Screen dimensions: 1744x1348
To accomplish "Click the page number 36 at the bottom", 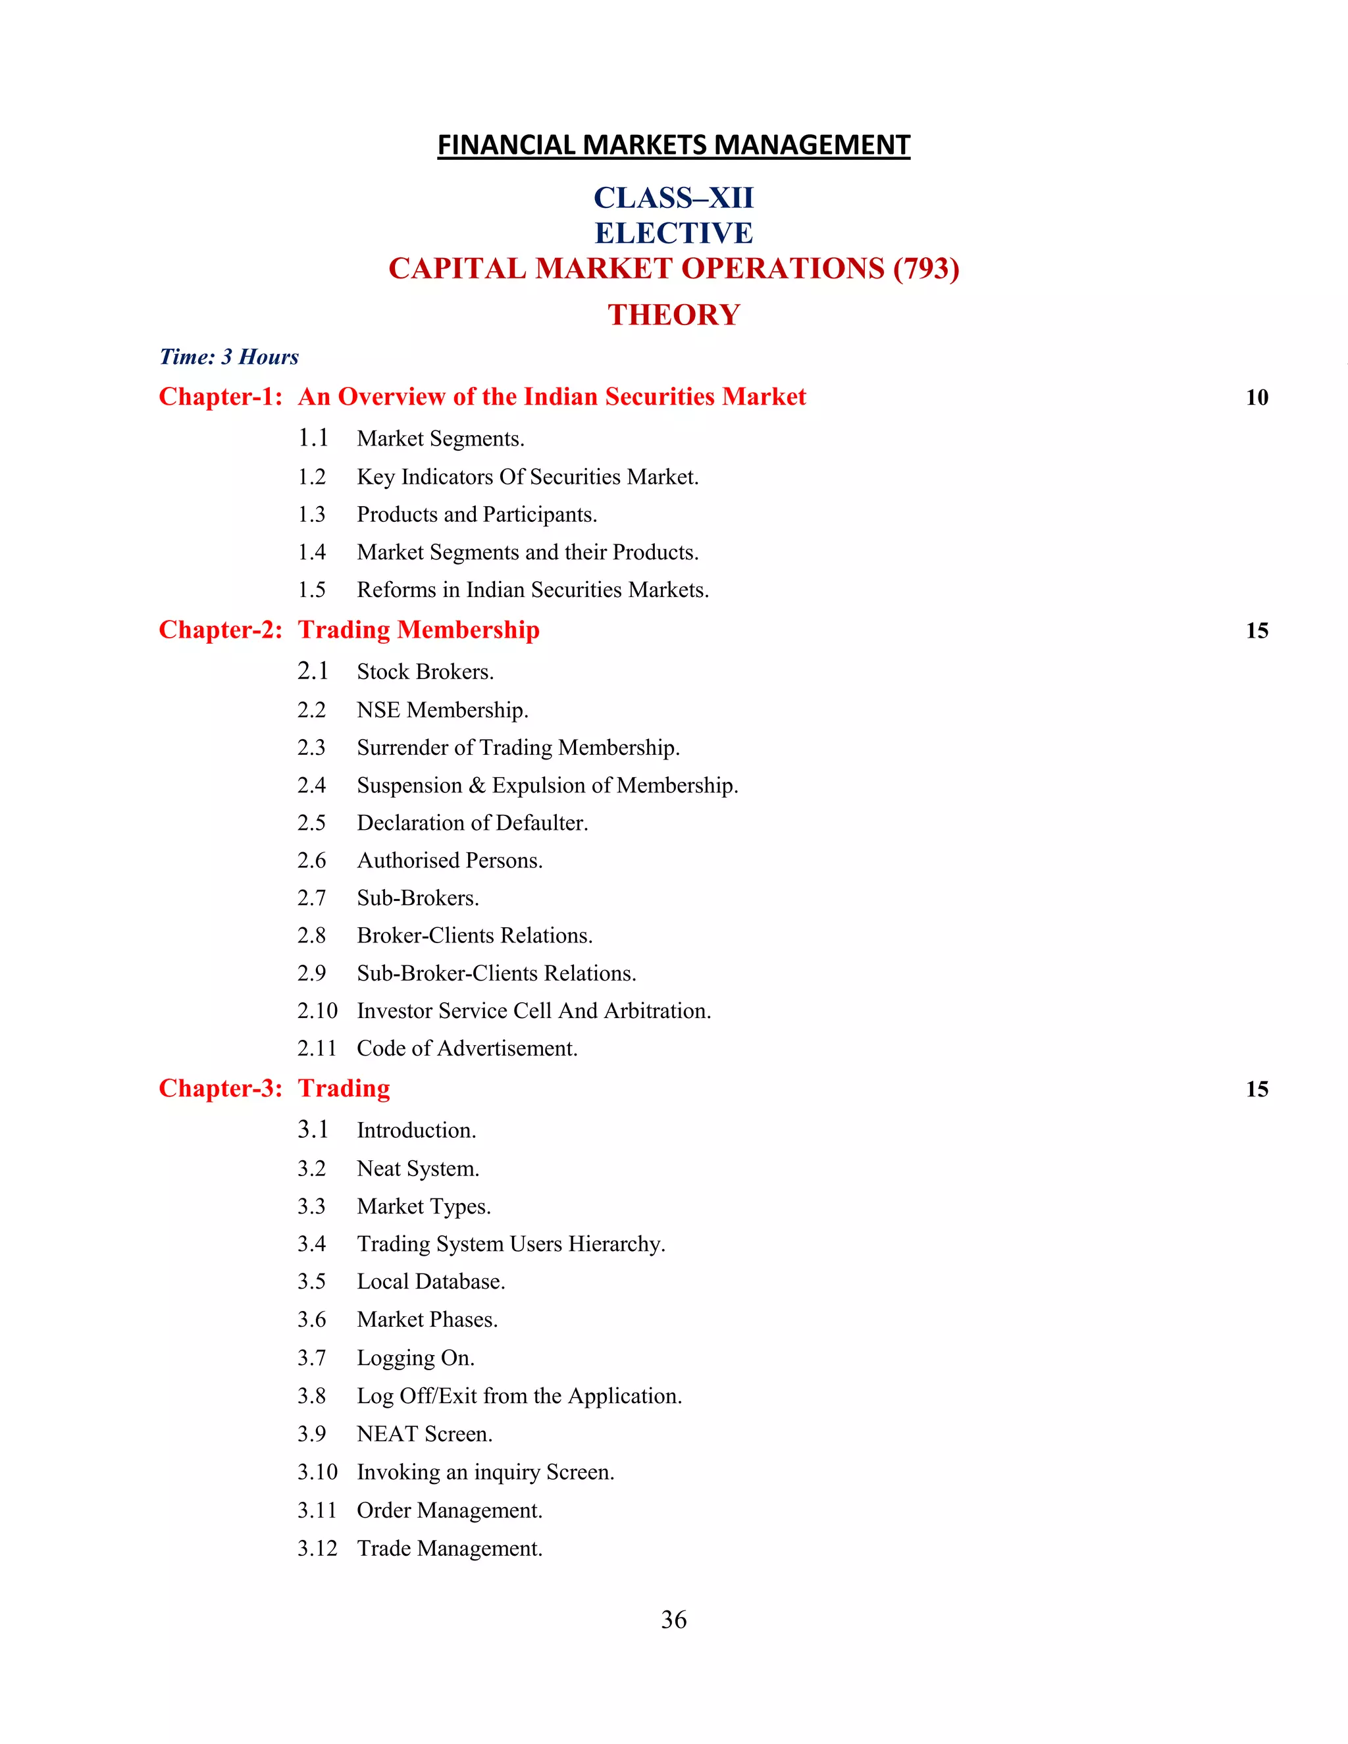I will pyautogui.click(x=673, y=1620).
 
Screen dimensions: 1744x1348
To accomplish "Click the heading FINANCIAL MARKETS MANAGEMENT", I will pyautogui.click(x=673, y=145).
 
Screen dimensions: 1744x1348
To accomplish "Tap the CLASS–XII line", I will pyautogui.click(x=673, y=198).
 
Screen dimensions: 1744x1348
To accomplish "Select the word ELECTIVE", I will pyautogui.click(x=673, y=233).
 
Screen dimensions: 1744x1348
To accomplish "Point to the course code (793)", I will pyautogui.click(x=926, y=269).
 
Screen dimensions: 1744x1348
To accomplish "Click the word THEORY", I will pyautogui.click(x=673, y=315).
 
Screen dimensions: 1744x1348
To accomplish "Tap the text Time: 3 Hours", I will pyautogui.click(x=229, y=357).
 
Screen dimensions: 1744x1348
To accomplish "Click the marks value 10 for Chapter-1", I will pyautogui.click(x=1256, y=398).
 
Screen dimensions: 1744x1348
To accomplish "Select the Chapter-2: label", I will pyautogui.click(x=220, y=630).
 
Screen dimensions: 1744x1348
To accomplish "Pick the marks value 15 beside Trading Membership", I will pyautogui.click(x=1256, y=631).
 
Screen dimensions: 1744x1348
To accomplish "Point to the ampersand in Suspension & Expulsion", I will pyautogui.click(x=477, y=786).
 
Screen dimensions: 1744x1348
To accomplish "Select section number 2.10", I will pyautogui.click(x=317, y=1011).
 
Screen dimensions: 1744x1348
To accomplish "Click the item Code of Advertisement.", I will pyautogui.click(x=467, y=1048).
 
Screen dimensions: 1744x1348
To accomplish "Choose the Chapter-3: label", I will pyautogui.click(x=220, y=1089).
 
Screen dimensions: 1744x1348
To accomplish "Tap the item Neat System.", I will pyautogui.click(x=418, y=1169).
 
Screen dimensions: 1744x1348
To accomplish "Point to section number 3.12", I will pyautogui.click(x=317, y=1549).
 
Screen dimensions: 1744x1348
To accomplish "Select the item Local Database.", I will pyautogui.click(x=430, y=1281).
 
